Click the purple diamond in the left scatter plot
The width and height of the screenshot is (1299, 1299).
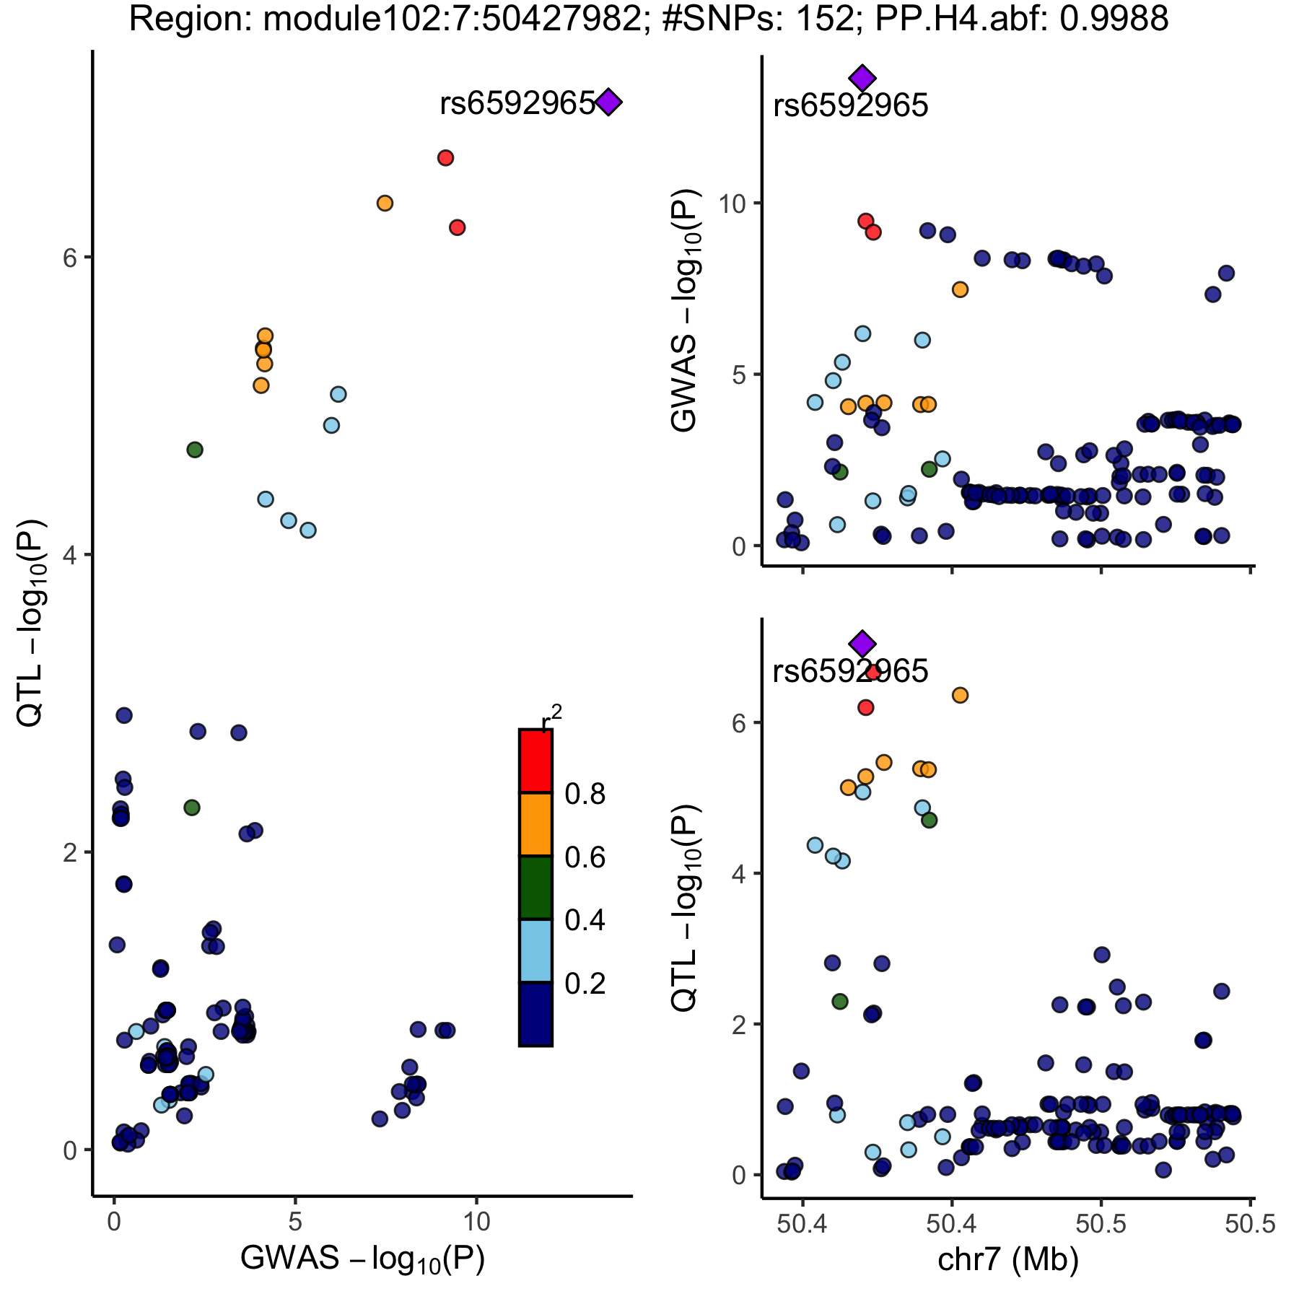pos(608,102)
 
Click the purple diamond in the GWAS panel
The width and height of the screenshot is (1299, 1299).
pos(862,78)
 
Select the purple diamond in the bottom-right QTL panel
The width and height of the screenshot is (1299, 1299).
pos(862,643)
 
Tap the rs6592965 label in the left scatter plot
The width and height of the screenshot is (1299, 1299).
pos(517,104)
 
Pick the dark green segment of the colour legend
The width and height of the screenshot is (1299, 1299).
pos(535,888)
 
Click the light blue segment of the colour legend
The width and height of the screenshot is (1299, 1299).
pos(535,950)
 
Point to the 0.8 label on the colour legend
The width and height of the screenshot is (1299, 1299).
pos(585,795)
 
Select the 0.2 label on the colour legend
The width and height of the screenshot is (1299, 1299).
pos(585,984)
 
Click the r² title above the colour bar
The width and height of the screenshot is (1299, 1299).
pos(551,722)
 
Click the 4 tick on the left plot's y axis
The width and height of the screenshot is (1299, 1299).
pos(70,555)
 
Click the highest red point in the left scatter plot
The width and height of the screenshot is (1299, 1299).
pos(445,158)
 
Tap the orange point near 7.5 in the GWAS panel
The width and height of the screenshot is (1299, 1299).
pos(960,289)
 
